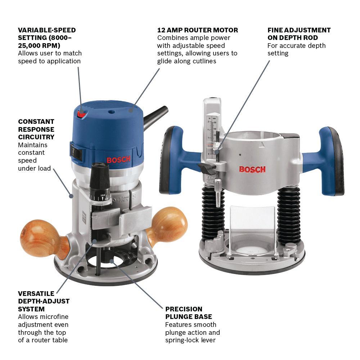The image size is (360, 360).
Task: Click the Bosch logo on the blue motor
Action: (118, 159)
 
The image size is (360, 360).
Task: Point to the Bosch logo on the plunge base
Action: (252, 170)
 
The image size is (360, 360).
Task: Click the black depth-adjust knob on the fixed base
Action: (100, 181)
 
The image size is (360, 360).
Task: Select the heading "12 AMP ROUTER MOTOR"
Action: (197, 30)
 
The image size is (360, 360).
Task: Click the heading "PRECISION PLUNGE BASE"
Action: (189, 313)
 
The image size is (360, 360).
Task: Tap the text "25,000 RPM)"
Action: (39, 45)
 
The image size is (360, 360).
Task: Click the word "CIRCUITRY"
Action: (36, 137)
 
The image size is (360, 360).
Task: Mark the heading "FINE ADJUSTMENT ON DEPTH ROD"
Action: (299, 34)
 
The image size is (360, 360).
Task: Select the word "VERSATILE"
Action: (36, 294)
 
